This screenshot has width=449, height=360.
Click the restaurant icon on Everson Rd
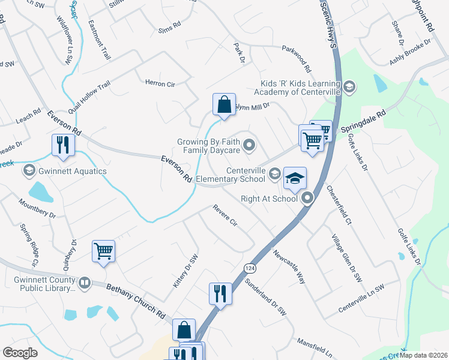[63, 145]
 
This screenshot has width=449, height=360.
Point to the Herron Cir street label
[160, 83]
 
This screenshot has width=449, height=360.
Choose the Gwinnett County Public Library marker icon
[84, 282]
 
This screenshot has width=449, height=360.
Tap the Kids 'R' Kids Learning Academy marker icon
[350, 88]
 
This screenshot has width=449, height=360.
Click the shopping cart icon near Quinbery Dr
[104, 251]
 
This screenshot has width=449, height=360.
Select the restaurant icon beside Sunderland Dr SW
[220, 293]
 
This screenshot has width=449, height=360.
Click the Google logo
[20, 353]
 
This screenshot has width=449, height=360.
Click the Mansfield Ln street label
[315, 347]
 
